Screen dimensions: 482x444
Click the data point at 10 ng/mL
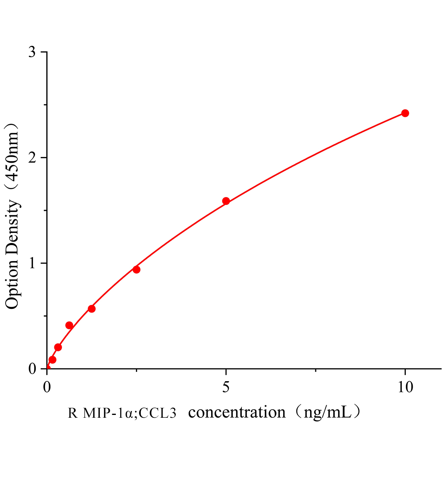[x=405, y=113]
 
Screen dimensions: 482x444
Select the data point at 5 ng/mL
[x=226, y=201]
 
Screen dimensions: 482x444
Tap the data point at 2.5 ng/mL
[x=136, y=270]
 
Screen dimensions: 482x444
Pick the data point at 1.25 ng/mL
[x=92, y=309]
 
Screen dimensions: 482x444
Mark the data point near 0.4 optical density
[x=69, y=325]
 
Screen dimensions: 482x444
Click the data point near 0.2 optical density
[x=58, y=347]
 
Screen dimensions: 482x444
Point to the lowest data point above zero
[x=52, y=359]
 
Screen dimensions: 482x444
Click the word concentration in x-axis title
[x=237, y=413]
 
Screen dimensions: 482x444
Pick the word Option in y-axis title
[x=13, y=284]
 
